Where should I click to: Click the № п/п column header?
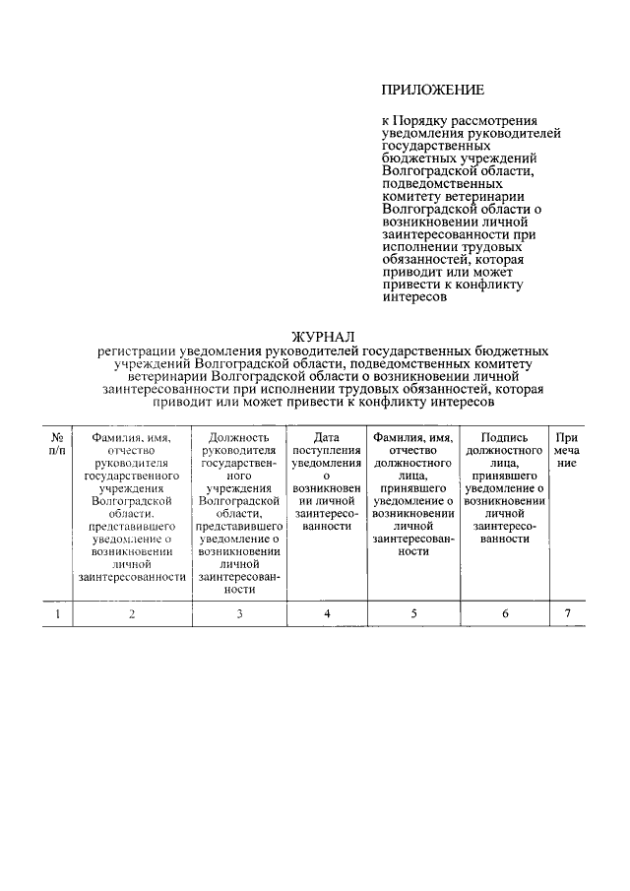pos(58,443)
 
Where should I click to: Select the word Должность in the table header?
pos(239,436)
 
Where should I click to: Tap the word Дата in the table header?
pos(326,436)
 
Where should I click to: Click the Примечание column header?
pos(567,443)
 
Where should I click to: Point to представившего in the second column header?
pos(132,526)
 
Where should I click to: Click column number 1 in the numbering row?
pos(58,614)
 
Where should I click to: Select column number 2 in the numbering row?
pos(132,614)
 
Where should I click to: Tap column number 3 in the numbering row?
pos(239,614)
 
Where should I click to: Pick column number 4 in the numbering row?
pos(326,614)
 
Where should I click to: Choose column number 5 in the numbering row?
pos(413,614)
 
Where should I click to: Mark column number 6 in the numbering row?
pos(506,614)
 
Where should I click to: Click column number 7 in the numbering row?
pos(567,614)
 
